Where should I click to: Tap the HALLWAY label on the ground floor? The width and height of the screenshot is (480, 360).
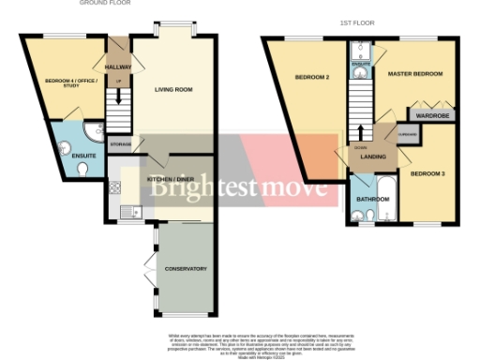coord(118,67)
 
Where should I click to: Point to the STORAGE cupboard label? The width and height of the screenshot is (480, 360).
coord(120,144)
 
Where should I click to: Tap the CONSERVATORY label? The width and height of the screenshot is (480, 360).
coord(185,269)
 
